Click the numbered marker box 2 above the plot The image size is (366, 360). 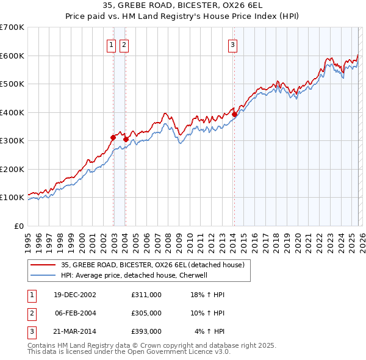[x=124, y=44]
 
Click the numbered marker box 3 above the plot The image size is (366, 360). [x=233, y=44]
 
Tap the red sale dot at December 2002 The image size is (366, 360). [x=113, y=137]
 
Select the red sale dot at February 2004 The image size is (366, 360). [x=126, y=139]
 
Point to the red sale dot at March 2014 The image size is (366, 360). [x=234, y=114]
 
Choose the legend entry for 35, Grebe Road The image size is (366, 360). [x=152, y=265]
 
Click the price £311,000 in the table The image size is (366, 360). [x=146, y=294]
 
